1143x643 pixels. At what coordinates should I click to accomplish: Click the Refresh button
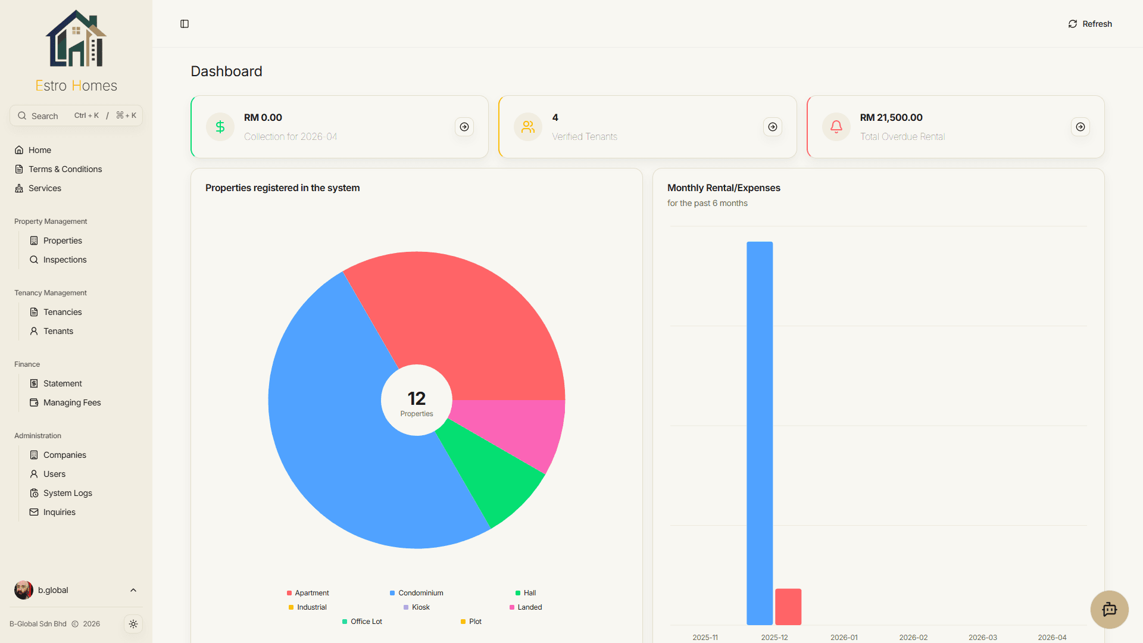pyautogui.click(x=1090, y=24)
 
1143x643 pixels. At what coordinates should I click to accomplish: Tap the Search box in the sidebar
pyautogui.click(x=76, y=116)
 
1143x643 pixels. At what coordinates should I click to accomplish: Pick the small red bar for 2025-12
pyautogui.click(x=788, y=607)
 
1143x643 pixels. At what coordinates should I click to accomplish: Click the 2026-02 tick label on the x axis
pyautogui.click(x=913, y=637)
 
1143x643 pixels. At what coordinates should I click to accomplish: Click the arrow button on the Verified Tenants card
pyautogui.click(x=773, y=127)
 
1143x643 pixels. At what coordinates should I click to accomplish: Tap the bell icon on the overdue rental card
pyautogui.click(x=836, y=127)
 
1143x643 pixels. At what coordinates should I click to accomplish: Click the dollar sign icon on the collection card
pyautogui.click(x=220, y=127)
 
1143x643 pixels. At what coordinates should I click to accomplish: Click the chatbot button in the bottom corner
pyautogui.click(x=1110, y=609)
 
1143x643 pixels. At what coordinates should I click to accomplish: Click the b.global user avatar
pyautogui.click(x=24, y=590)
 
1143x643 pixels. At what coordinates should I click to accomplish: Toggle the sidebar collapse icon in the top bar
pyautogui.click(x=185, y=24)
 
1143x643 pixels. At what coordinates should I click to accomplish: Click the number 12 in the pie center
pyautogui.click(x=417, y=398)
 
